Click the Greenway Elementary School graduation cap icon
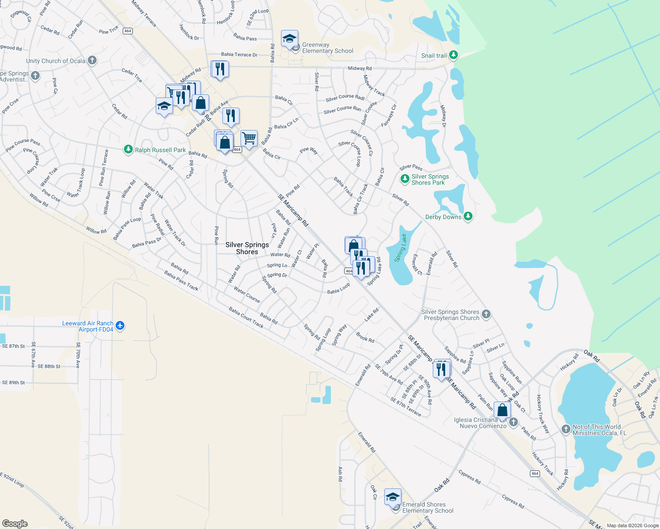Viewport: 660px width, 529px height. click(289, 39)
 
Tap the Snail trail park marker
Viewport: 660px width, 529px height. click(453, 56)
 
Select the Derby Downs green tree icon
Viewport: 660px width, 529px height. click(468, 216)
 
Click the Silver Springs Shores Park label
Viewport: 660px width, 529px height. click(430, 179)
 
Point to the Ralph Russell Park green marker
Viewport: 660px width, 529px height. click(128, 150)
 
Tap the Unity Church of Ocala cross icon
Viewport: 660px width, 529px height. click(92, 60)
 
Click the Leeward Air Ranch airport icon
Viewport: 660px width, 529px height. click(120, 326)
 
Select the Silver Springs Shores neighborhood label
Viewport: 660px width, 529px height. click(247, 248)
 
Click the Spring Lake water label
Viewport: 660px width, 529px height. click(401, 248)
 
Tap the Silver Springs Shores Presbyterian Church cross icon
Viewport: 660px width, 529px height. click(486, 314)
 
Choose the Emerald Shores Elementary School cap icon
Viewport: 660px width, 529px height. click(392, 497)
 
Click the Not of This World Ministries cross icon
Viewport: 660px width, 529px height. click(566, 429)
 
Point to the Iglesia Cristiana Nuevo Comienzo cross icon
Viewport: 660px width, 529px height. click(513, 422)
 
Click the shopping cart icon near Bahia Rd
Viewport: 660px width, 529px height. click(249, 138)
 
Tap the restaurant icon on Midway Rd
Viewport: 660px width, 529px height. click(219, 69)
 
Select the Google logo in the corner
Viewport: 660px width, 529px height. click(15, 524)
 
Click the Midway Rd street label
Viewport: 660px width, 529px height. click(360, 68)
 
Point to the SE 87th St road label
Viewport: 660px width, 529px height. click(13, 346)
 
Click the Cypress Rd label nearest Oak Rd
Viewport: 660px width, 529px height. click(469, 477)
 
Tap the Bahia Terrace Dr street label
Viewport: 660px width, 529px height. click(239, 55)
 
